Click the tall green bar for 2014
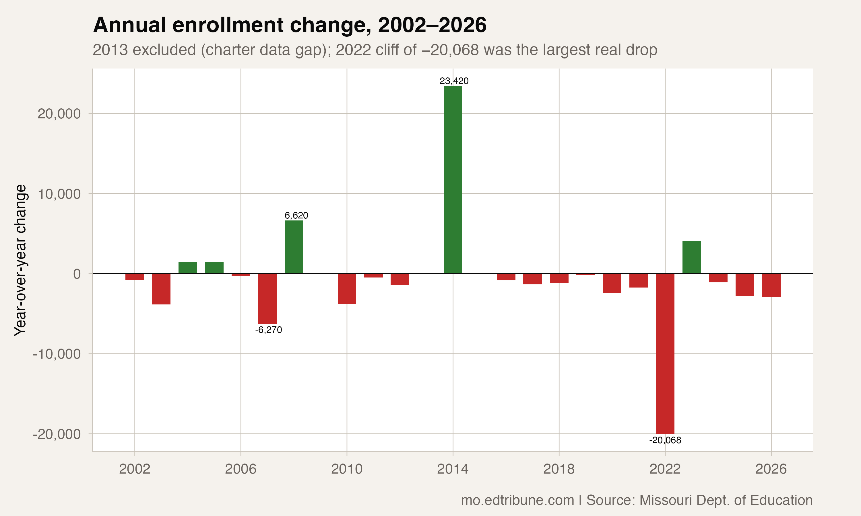pyautogui.click(x=453, y=180)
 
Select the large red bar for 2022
pyautogui.click(x=665, y=354)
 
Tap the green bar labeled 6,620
pyautogui.click(x=294, y=247)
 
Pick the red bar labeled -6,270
pyautogui.click(x=267, y=298)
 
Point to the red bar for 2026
pyautogui.click(x=771, y=286)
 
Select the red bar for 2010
pyautogui.click(x=347, y=289)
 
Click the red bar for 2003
pyautogui.click(x=161, y=289)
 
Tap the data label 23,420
pyautogui.click(x=454, y=81)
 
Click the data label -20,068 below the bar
pyautogui.click(x=665, y=440)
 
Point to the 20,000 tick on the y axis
pyautogui.click(x=59, y=114)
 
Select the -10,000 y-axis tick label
pyautogui.click(x=57, y=354)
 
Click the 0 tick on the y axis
pyautogui.click(x=77, y=274)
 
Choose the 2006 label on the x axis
pyautogui.click(x=241, y=469)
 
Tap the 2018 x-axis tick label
pyautogui.click(x=559, y=469)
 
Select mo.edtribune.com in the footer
pyautogui.click(x=517, y=500)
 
